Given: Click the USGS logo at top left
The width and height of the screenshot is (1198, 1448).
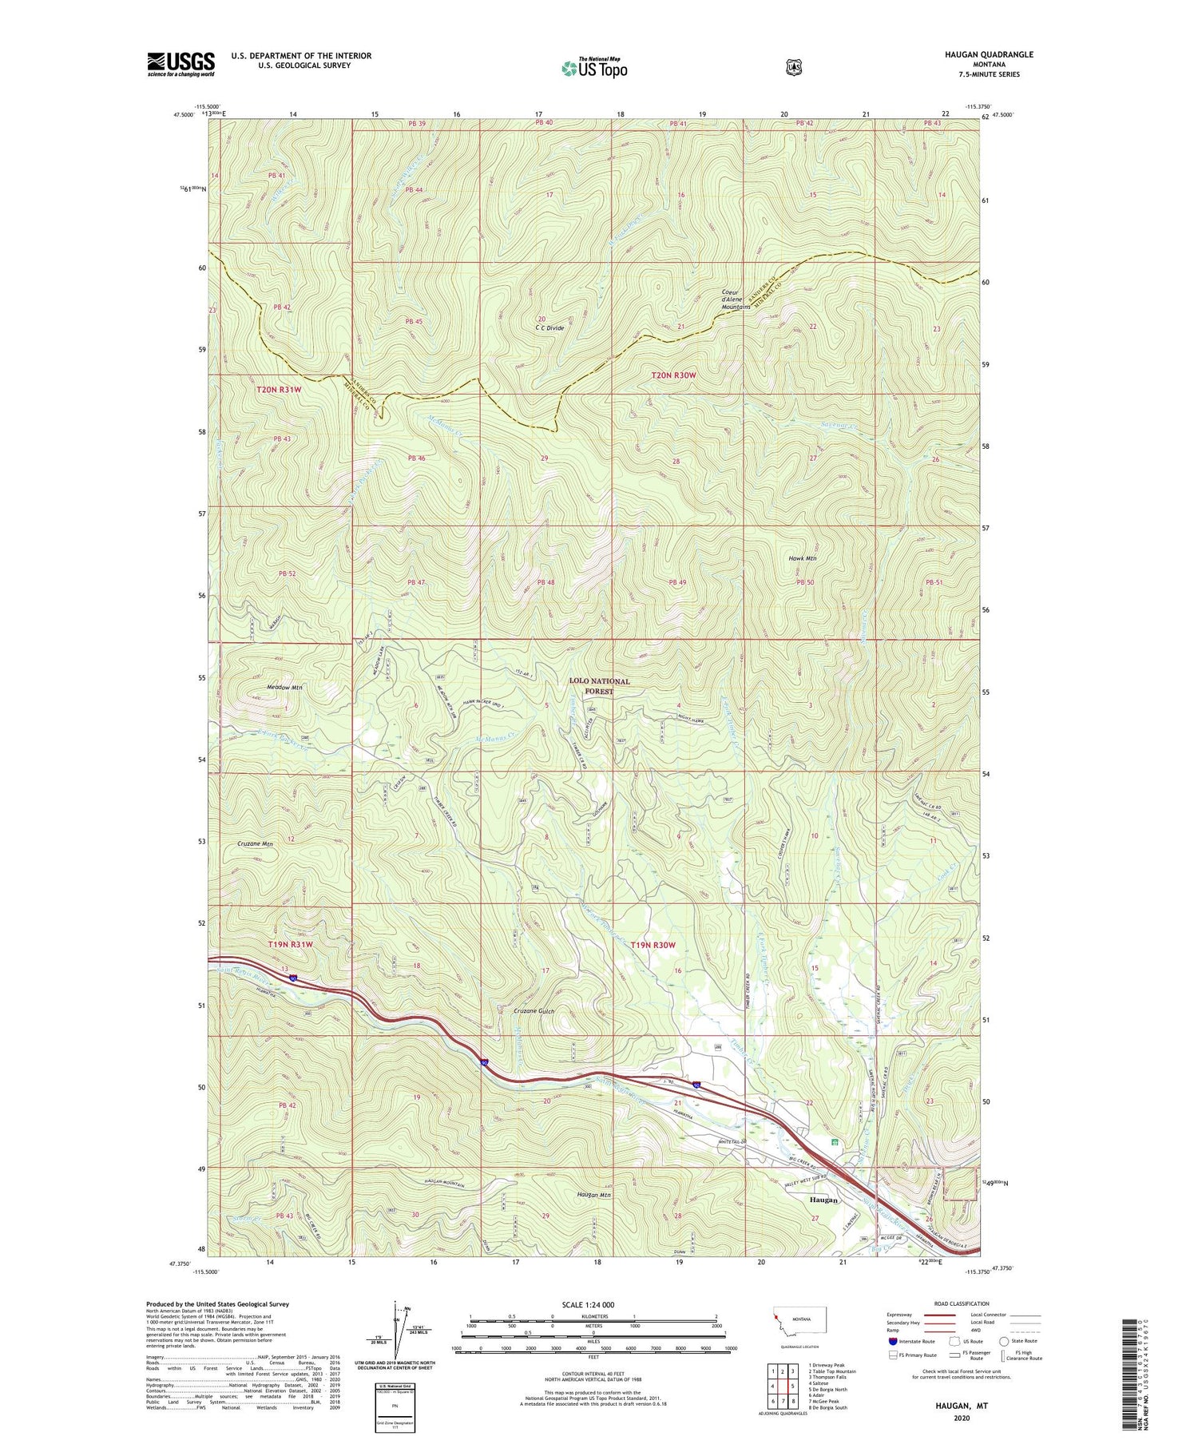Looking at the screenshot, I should pos(181,64).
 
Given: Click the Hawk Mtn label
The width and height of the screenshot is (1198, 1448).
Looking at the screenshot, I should pos(802,558).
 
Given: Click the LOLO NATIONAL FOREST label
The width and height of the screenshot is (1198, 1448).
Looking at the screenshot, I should pos(599,686).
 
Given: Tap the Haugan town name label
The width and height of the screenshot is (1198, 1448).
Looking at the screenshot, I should pos(823,1200).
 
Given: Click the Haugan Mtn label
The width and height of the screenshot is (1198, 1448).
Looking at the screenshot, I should pos(593,1195).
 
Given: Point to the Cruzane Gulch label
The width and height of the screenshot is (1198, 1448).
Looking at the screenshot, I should pos(533,1011).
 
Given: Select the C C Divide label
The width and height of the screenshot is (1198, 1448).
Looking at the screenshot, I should pos(549,328).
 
